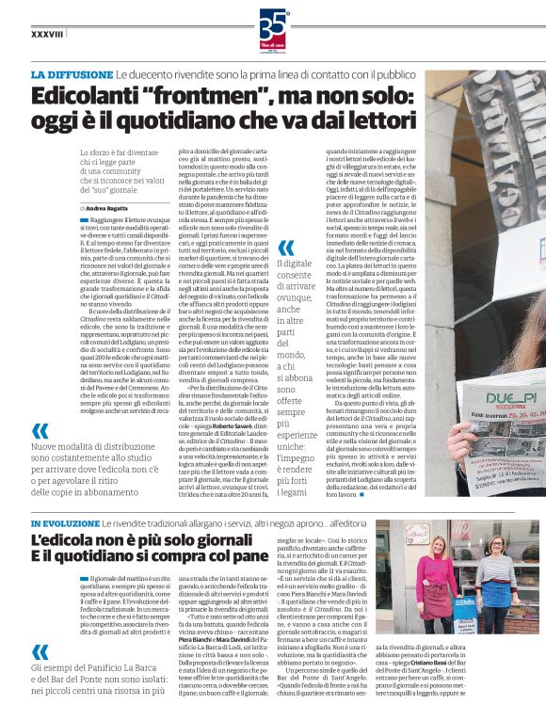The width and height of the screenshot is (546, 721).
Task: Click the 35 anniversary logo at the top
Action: tap(272, 26)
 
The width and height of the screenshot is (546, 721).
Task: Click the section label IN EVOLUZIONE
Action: tap(72, 523)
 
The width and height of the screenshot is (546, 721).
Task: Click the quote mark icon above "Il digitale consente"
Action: tap(286, 248)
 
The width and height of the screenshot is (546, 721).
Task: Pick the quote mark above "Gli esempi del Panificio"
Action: tap(40, 652)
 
